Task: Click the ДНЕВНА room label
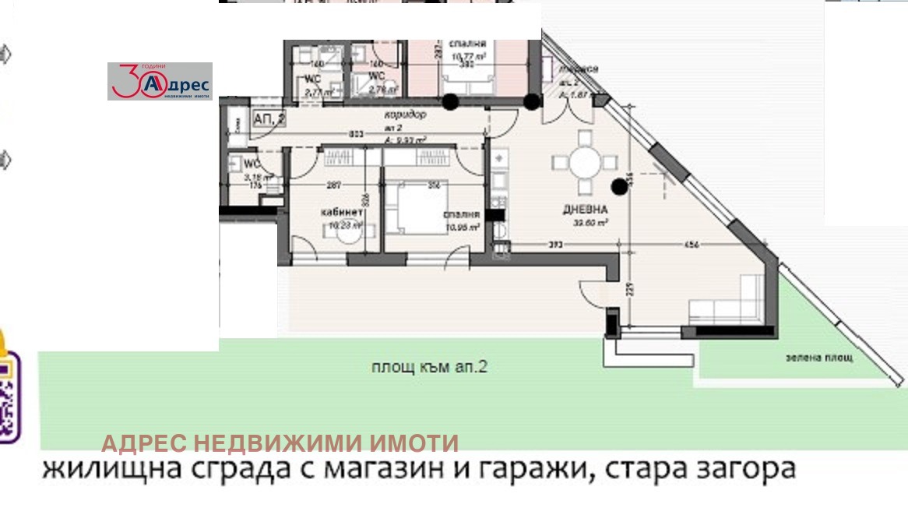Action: [x=586, y=210]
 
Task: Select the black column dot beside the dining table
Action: [x=619, y=185]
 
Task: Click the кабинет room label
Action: [x=341, y=212]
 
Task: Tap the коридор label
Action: [x=406, y=115]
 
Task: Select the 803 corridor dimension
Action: [x=357, y=134]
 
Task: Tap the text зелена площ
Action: [x=819, y=358]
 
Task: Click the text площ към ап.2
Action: [x=430, y=368]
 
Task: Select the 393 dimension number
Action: [x=554, y=245]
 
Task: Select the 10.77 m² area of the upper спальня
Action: [x=469, y=56]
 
